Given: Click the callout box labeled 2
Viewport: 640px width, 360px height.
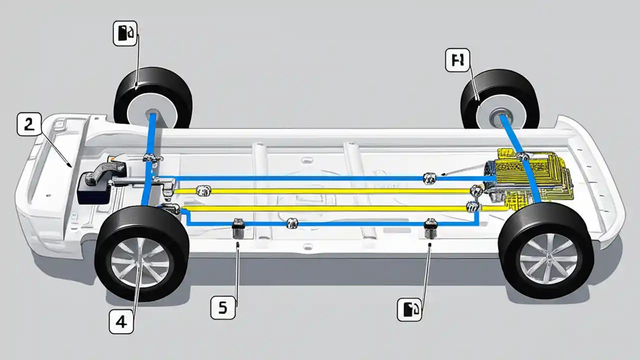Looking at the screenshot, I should (29, 124).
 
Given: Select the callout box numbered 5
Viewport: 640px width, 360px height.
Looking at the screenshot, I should (222, 307).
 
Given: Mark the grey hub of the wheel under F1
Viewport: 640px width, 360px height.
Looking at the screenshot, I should (501, 119).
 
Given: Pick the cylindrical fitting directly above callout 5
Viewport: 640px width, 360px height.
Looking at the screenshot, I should (238, 229).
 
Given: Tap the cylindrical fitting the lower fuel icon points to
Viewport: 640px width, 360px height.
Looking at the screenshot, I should (430, 228).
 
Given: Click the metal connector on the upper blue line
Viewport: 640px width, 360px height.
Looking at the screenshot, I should (429, 177).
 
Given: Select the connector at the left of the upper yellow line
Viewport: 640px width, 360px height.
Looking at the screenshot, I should (203, 190).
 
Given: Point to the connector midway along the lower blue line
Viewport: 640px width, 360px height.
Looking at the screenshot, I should (291, 223).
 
